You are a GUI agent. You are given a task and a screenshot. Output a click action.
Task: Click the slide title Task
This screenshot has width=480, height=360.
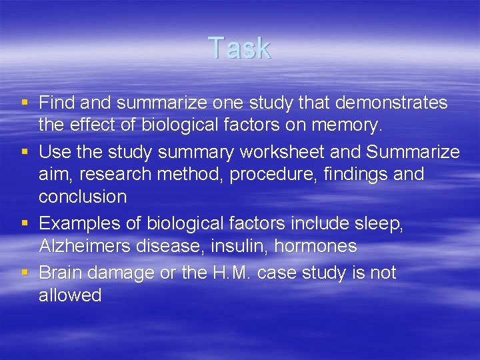[x=239, y=48]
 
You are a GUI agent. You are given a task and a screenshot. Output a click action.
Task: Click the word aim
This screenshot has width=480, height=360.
[x=53, y=175]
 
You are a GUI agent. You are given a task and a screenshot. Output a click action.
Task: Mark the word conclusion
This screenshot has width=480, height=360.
[x=83, y=197]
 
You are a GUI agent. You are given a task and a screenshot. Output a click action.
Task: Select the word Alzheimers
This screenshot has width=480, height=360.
[x=84, y=246]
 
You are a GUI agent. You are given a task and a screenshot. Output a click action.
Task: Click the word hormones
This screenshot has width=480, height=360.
[x=315, y=246]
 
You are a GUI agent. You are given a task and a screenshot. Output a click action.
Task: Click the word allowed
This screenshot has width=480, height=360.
[x=70, y=295]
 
